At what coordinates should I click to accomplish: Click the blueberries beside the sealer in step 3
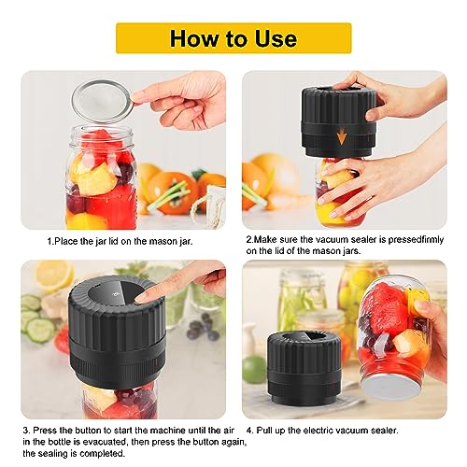click(197, 327)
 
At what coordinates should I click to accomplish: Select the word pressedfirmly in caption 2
click(411, 238)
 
